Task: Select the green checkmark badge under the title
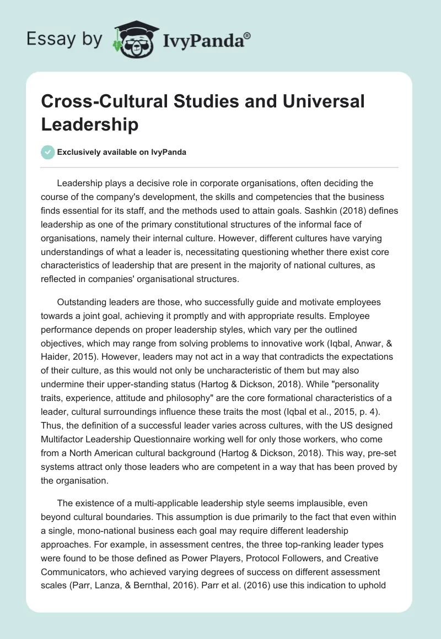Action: pyautogui.click(x=49, y=152)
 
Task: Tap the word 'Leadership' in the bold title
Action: pyautogui.click(x=89, y=124)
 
